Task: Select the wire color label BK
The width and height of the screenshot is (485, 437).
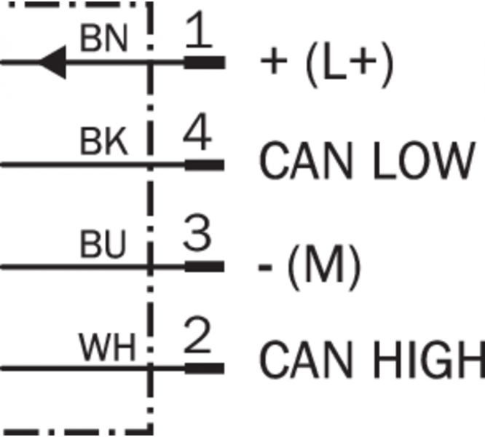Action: pos(103,143)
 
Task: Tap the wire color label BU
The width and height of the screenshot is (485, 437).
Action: pos(103,246)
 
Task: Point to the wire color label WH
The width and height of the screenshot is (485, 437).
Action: pos(107,349)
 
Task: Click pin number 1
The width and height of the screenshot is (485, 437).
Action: pos(199,34)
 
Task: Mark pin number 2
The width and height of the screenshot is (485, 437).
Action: pos(198,339)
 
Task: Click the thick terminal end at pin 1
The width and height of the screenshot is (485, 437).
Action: pos(205,63)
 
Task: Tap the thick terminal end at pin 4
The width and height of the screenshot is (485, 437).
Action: pos(205,165)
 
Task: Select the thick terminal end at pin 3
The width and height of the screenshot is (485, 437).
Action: pos(205,267)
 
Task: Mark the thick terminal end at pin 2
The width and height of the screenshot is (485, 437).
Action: pos(205,368)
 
